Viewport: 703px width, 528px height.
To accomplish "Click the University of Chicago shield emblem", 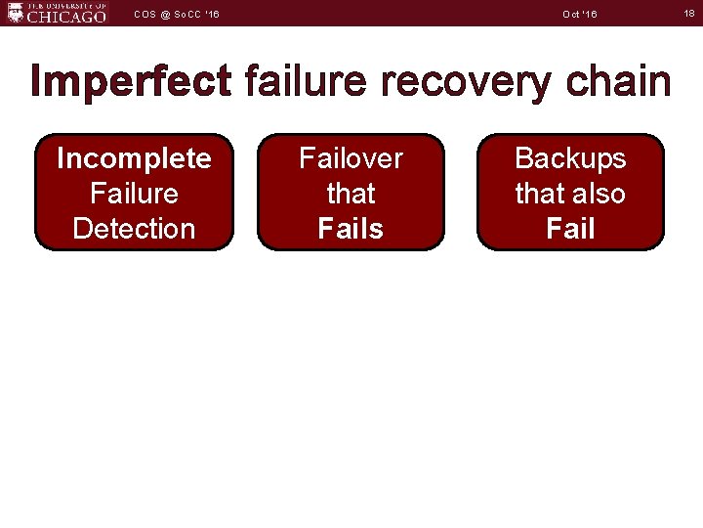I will pyautogui.click(x=14, y=12).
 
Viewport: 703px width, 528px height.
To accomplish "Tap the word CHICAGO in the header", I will pyautogui.click(x=66, y=17).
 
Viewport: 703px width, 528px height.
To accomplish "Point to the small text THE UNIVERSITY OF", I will pyautogui.click(x=66, y=5).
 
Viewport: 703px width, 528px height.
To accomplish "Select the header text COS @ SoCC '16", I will pyautogui.click(x=177, y=14).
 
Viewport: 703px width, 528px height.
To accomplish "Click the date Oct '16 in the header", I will pyautogui.click(x=580, y=14).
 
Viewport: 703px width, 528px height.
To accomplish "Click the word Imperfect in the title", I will pyautogui.click(x=131, y=81).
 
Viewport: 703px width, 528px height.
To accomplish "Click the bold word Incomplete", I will pyautogui.click(x=134, y=158).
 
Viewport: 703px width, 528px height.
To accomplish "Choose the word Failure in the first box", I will pyautogui.click(x=134, y=194).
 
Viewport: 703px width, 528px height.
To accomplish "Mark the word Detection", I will pyautogui.click(x=134, y=229).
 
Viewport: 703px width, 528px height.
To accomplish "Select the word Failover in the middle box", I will pyautogui.click(x=351, y=158).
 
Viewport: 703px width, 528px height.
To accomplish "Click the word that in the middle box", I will pyautogui.click(x=351, y=194).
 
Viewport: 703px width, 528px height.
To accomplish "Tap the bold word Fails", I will pyautogui.click(x=351, y=229).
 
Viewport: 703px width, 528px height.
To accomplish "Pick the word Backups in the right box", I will pyautogui.click(x=570, y=158).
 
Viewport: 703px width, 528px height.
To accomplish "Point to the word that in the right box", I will pyautogui.click(x=538, y=194).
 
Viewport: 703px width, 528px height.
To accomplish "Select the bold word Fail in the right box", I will pyautogui.click(x=570, y=229).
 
